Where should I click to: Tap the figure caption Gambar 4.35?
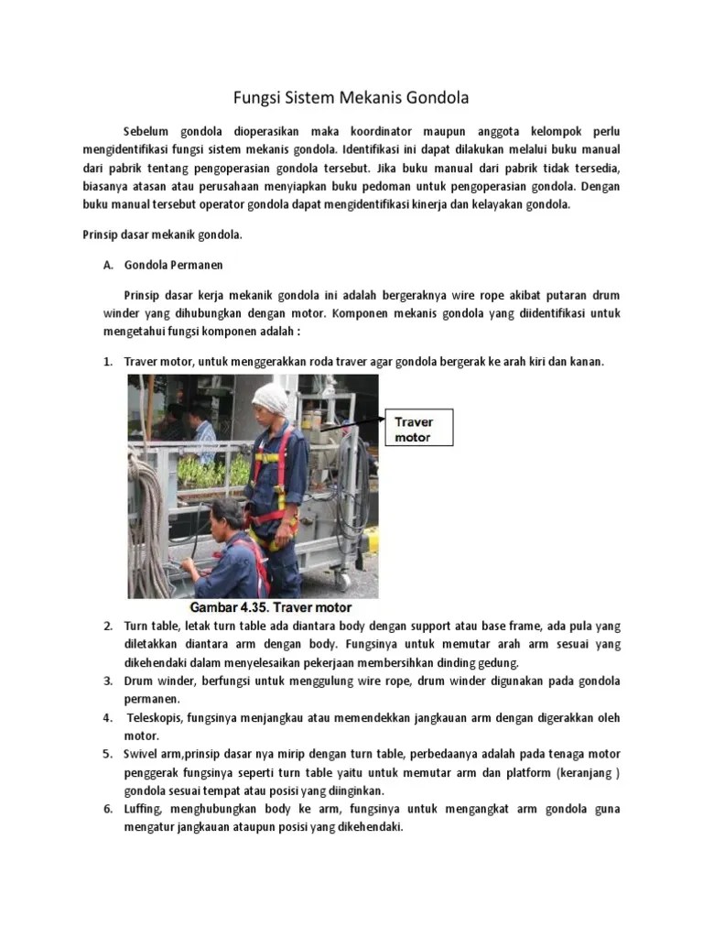270,607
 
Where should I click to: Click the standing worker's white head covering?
270,398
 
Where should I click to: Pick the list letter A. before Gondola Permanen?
107,265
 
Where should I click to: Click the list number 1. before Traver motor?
107,362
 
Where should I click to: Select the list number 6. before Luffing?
107,809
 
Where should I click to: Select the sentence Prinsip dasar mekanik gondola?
162,234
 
